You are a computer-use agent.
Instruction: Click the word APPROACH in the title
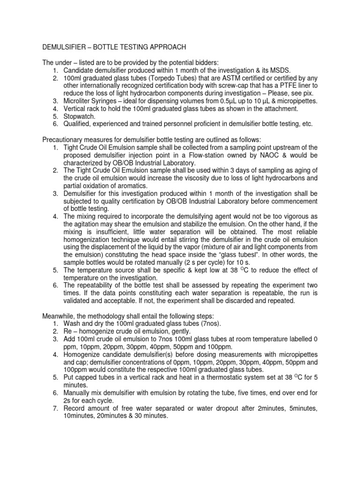pos(162,47)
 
